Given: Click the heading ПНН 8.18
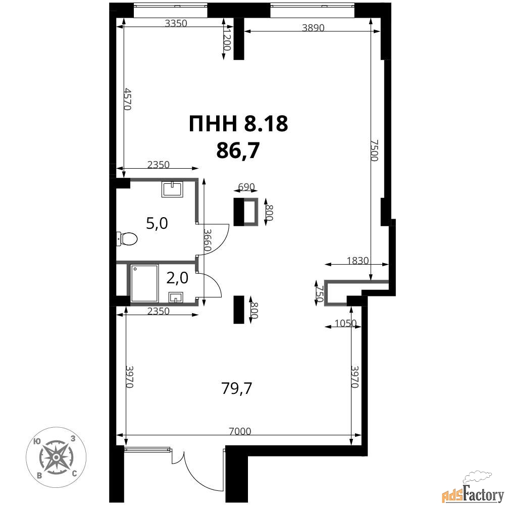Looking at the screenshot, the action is point(238,124).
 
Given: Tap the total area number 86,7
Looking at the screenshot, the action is point(238,150).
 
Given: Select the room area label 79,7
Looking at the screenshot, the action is point(237,388).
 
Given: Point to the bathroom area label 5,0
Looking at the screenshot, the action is point(157,223).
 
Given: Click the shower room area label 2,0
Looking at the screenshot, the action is point(177,278).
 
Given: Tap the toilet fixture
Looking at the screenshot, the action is point(127,239).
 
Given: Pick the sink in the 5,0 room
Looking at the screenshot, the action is point(172,189).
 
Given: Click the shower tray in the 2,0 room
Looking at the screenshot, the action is point(144,283).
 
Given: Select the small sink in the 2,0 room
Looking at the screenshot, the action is point(176,297).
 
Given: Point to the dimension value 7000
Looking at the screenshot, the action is point(240,431).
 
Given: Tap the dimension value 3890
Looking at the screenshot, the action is point(313,28).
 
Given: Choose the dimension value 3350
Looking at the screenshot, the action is point(176,23).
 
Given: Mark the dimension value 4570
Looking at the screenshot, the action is point(128,99).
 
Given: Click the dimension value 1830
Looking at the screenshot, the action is point(358,260).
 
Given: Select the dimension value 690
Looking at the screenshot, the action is point(246,187).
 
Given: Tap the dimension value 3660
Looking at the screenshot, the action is point(208,240).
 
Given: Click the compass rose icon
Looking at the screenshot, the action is point(56,458).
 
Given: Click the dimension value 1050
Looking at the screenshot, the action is point(346,323).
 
